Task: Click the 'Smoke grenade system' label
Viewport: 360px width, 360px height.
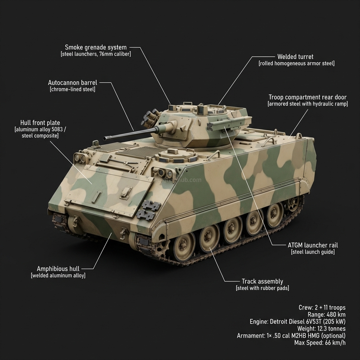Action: (x=96, y=47)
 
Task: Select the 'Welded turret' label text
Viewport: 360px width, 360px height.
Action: (x=295, y=57)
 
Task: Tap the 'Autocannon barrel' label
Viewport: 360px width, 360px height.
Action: (x=72, y=83)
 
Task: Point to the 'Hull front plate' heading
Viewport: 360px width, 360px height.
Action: (x=40, y=123)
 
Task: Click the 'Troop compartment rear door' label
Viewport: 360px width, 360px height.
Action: (x=307, y=97)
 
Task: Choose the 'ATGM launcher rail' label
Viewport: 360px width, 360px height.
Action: (x=313, y=245)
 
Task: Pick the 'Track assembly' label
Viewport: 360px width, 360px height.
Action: (x=262, y=281)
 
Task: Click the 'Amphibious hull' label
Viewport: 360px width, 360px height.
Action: (x=58, y=269)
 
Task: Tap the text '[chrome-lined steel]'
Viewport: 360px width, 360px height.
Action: (x=72, y=89)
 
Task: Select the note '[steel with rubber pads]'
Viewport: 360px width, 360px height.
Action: (x=262, y=288)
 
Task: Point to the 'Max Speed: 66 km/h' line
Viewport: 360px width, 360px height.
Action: (x=320, y=342)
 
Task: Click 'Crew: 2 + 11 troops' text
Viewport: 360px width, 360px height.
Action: (x=322, y=308)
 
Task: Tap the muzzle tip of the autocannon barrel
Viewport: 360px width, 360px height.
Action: (x=105, y=138)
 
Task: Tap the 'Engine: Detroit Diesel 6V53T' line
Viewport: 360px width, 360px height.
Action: (x=297, y=321)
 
